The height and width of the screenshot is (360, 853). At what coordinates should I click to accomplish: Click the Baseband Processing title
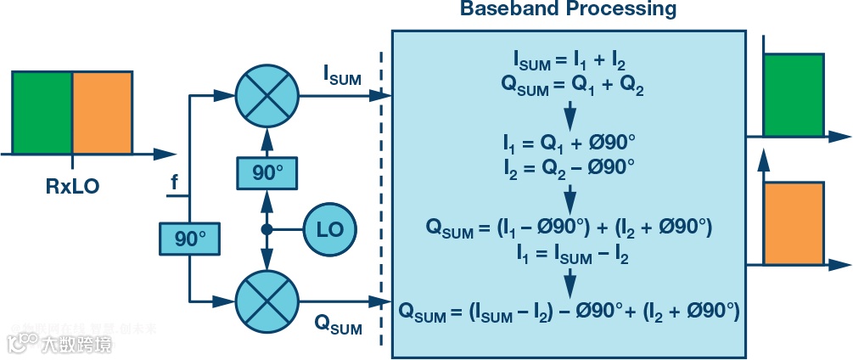point(568,10)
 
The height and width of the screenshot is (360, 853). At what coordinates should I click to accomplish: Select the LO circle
point(330,229)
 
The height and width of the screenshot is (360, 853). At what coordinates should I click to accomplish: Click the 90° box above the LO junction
point(268,173)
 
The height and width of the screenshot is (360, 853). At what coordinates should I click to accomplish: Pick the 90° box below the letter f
point(190,239)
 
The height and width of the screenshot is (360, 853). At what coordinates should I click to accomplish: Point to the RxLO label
point(72,186)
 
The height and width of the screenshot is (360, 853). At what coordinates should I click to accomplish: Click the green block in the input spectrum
point(42,111)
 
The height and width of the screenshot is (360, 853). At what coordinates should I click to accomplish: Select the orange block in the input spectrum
point(103,111)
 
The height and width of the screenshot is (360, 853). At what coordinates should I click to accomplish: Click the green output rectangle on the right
point(794,94)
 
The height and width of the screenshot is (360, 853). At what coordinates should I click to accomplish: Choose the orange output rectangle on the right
point(794,222)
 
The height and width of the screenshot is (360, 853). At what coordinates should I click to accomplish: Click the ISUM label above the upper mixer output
point(342,76)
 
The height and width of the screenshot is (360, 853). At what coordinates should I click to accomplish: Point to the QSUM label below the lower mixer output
point(337,323)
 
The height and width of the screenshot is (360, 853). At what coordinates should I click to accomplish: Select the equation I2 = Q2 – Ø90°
point(570,165)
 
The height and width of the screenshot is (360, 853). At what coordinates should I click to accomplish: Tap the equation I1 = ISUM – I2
point(570,252)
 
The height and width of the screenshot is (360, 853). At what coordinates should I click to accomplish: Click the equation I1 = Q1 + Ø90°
point(570,142)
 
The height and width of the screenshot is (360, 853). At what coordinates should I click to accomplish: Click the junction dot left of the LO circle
point(267,229)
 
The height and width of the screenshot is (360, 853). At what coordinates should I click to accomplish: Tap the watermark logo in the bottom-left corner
point(21,341)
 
